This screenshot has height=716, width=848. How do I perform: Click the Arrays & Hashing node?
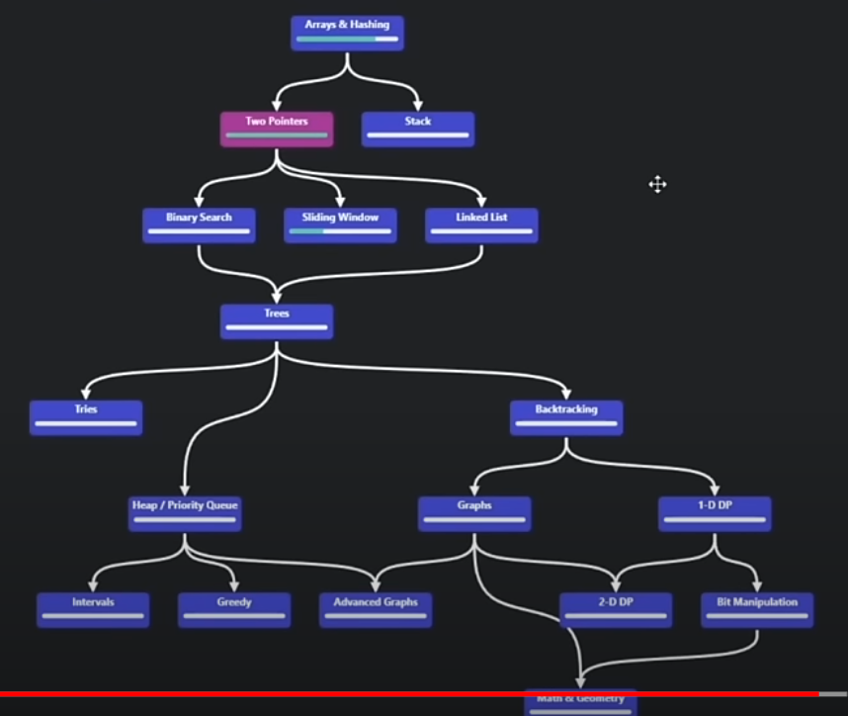click(x=347, y=32)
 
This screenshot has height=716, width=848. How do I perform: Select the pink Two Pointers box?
click(x=277, y=129)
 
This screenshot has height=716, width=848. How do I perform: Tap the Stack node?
click(x=418, y=129)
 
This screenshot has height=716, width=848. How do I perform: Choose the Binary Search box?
click(x=199, y=224)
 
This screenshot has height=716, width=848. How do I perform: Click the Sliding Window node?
click(x=340, y=224)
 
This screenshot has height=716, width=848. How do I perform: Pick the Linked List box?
click(x=481, y=224)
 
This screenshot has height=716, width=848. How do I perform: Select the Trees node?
click(x=277, y=321)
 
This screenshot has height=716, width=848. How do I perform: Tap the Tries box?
click(x=86, y=417)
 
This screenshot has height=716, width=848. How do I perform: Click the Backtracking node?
click(x=566, y=417)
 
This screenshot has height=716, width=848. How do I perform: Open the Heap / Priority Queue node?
click(x=185, y=513)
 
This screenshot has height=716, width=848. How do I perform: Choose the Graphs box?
click(x=474, y=513)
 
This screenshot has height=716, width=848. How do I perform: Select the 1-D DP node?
click(x=715, y=513)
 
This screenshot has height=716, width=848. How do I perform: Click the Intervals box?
click(x=93, y=609)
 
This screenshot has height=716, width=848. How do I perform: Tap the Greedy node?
click(x=234, y=609)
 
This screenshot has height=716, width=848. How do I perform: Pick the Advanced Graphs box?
click(x=376, y=609)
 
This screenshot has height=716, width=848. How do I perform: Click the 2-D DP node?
click(x=616, y=609)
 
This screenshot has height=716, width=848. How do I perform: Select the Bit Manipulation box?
click(x=757, y=609)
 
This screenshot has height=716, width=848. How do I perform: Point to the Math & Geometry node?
click(x=580, y=703)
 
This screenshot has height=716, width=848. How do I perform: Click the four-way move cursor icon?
click(x=657, y=184)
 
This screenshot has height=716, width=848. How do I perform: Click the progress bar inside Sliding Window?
click(x=340, y=231)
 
